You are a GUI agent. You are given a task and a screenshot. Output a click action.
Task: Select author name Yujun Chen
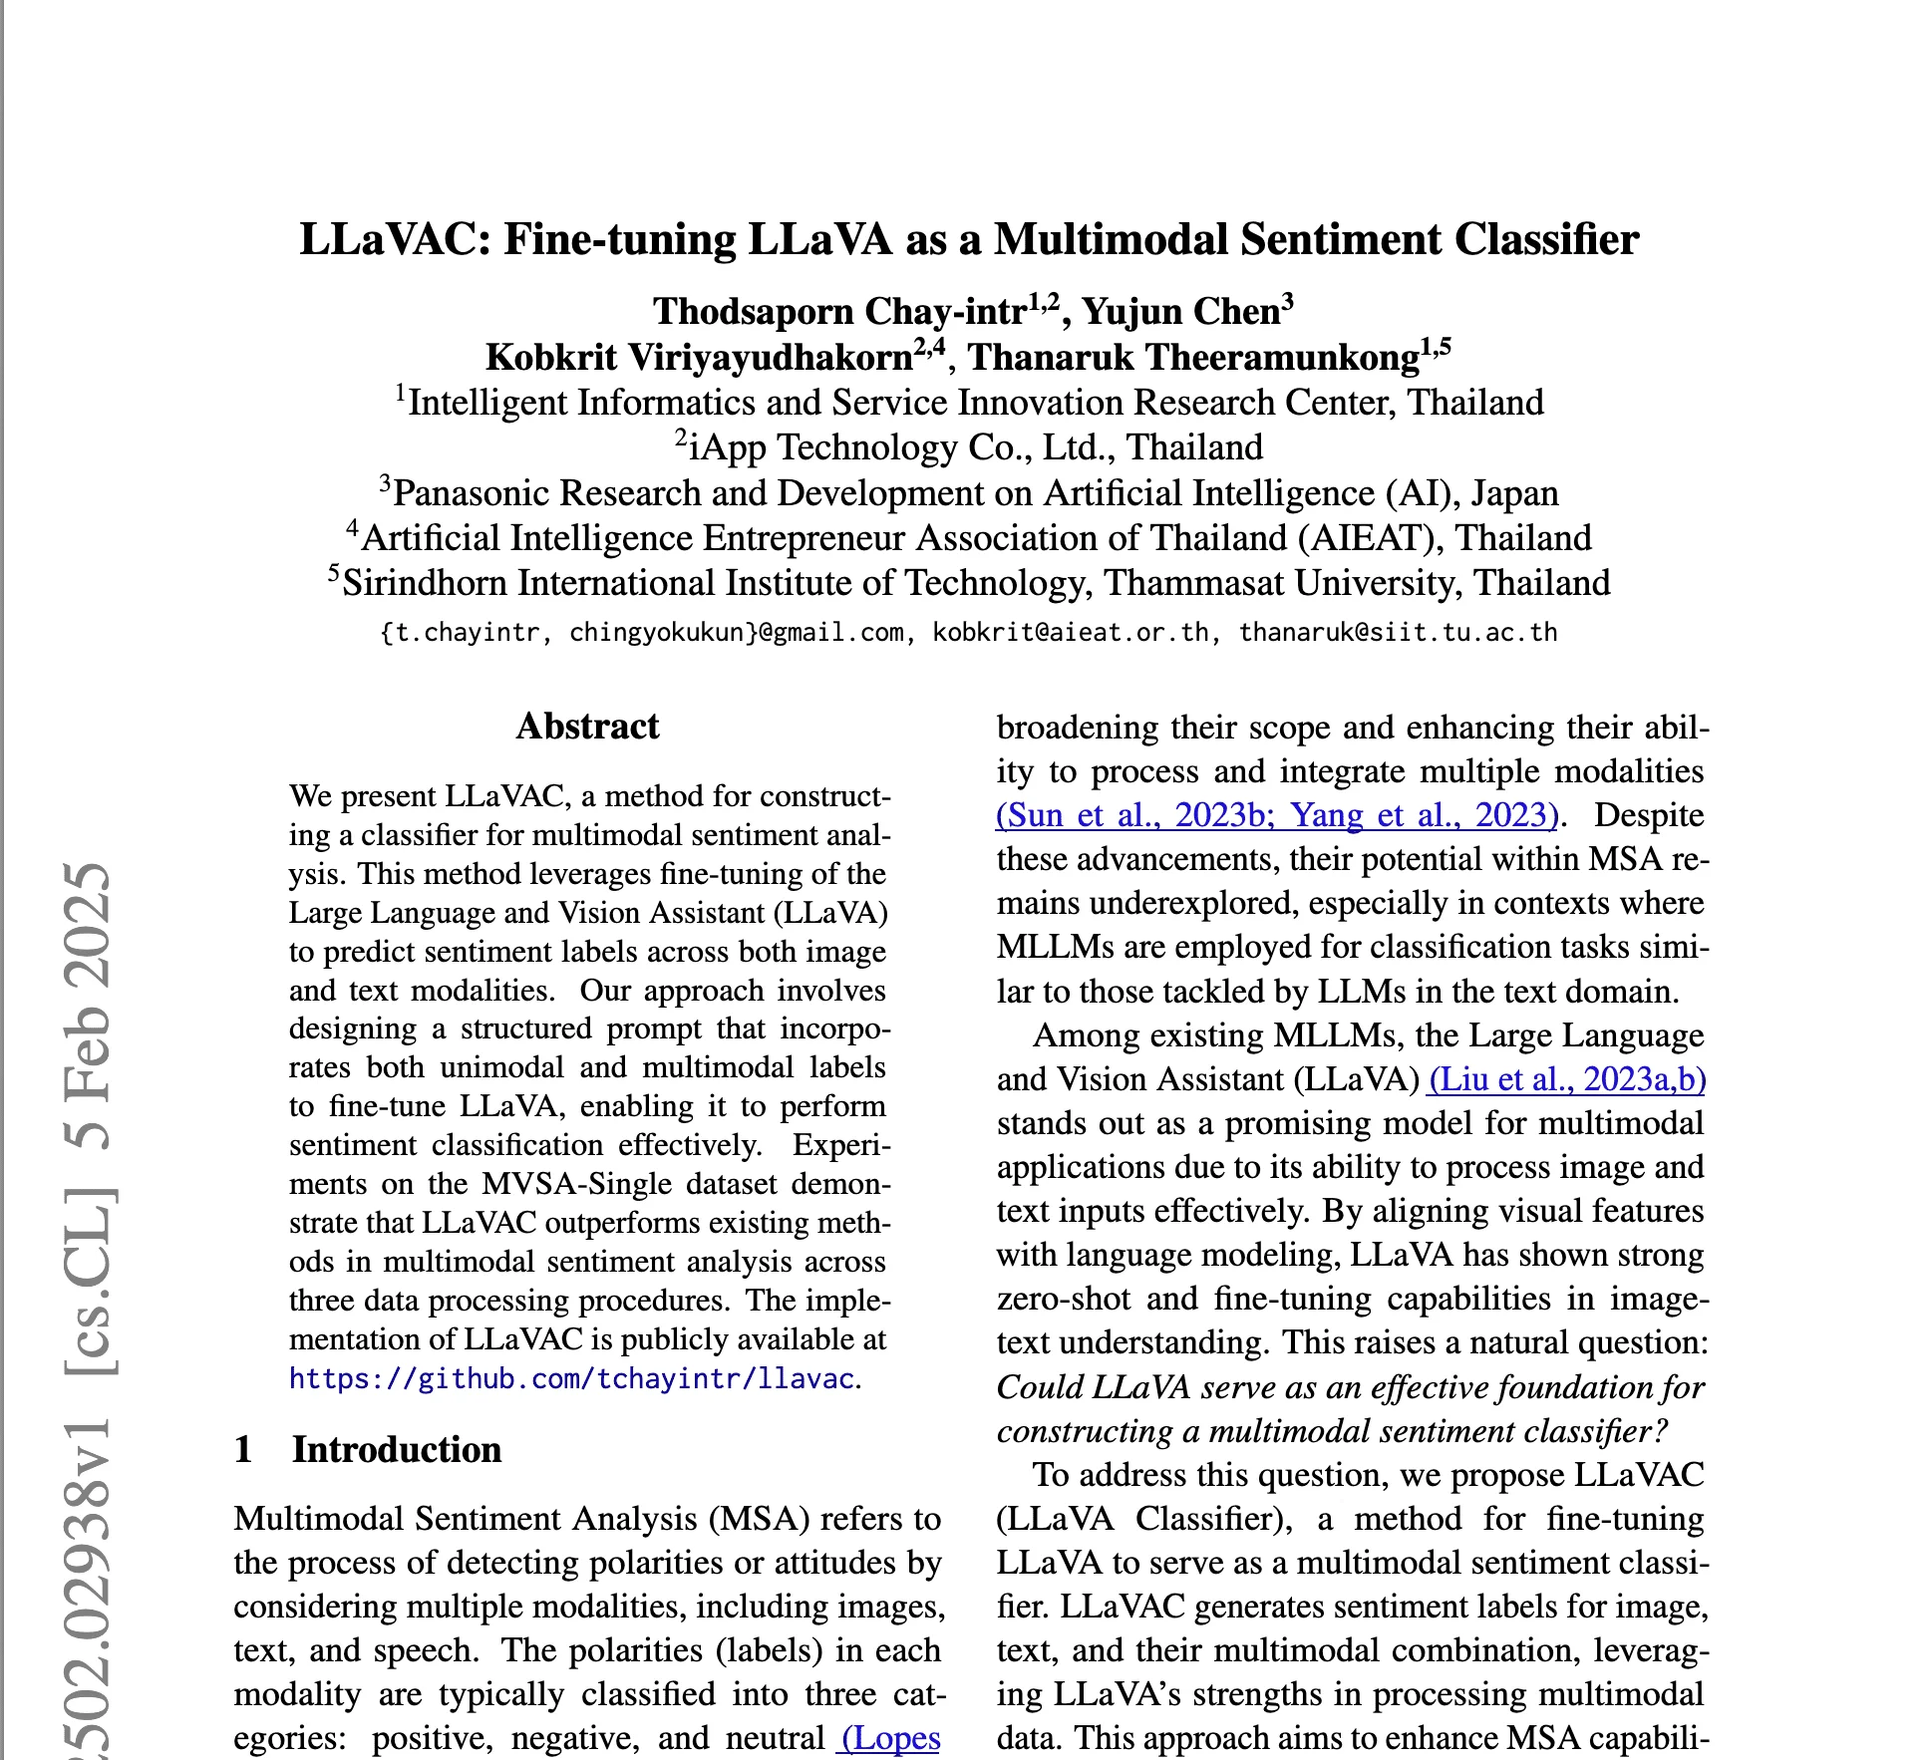pyautogui.click(x=1180, y=312)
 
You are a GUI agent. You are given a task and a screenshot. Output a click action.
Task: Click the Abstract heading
pyautogui.click(x=587, y=727)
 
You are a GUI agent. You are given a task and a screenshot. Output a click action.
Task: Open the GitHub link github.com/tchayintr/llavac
pyautogui.click(x=571, y=1378)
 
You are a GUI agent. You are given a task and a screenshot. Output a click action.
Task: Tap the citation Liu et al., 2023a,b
pyautogui.click(x=1566, y=1079)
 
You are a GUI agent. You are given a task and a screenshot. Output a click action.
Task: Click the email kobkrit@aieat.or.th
pyautogui.click(x=1071, y=633)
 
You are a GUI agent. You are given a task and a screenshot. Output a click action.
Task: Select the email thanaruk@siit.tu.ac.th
pyautogui.click(x=1398, y=633)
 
